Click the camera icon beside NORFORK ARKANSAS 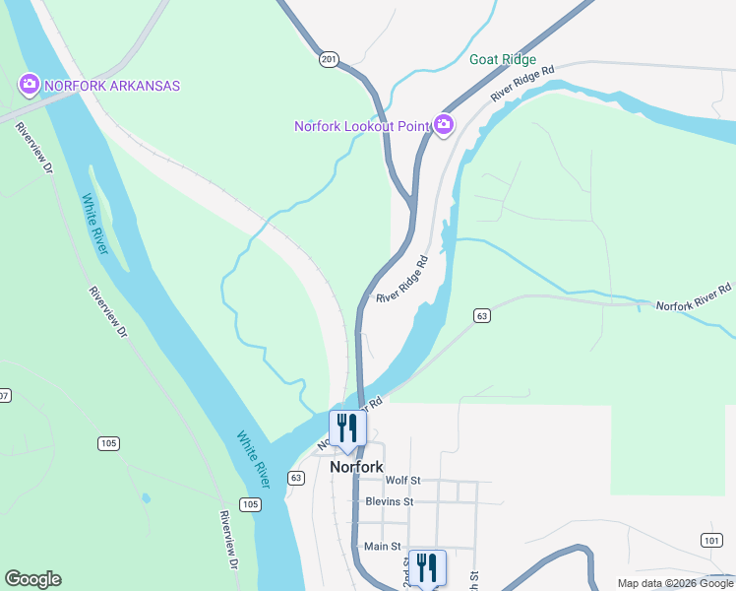tap(29, 85)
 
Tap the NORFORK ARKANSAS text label tap(110, 86)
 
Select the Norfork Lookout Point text tap(363, 125)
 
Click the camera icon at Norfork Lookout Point tap(444, 124)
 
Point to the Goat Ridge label tap(503, 59)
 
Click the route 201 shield tap(329, 60)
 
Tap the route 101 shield tap(712, 540)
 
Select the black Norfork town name tap(355, 467)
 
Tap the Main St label tap(383, 546)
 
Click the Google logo tap(32, 579)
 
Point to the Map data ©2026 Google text tap(676, 583)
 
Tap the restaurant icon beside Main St tap(427, 567)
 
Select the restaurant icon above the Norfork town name tap(347, 427)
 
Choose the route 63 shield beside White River tap(296, 477)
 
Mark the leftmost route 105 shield tap(108, 443)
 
